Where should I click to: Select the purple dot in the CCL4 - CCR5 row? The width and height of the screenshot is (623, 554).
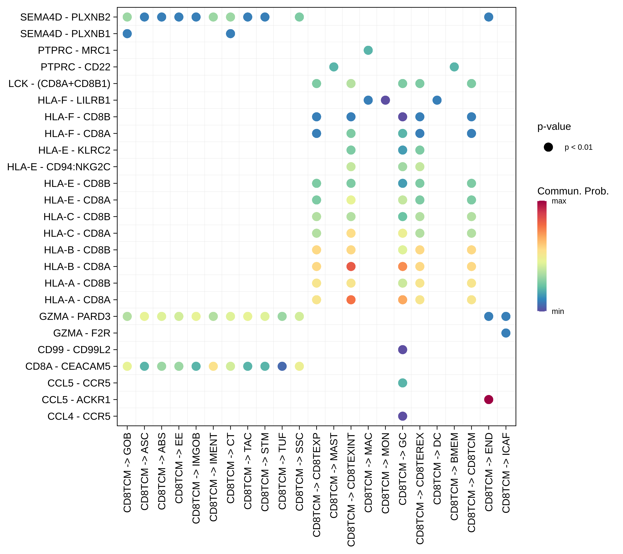tap(402, 416)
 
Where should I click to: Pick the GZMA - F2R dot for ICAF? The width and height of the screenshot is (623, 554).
tap(506, 333)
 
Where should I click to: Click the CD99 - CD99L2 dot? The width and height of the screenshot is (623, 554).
tap(402, 350)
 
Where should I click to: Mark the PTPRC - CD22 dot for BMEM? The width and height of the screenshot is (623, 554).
tap(454, 67)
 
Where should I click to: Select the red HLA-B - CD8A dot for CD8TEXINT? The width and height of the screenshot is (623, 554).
tap(351, 266)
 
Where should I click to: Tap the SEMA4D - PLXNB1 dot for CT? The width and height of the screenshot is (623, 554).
tap(230, 34)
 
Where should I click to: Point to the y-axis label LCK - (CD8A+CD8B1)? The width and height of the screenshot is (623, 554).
tap(59, 83)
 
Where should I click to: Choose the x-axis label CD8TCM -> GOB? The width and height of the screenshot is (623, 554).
tap(127, 473)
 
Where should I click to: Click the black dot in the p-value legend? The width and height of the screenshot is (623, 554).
tap(548, 147)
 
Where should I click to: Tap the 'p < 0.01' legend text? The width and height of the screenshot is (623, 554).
tap(578, 147)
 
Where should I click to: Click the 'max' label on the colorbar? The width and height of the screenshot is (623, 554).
tap(559, 201)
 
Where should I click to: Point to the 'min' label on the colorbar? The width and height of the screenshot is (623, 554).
tap(558, 311)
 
